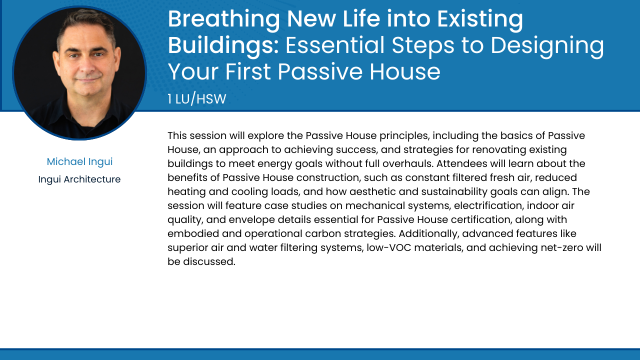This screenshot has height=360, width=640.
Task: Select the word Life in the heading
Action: [361, 19]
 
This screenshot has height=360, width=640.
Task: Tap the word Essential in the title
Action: [335, 45]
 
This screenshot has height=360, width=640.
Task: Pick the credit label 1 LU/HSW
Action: [197, 99]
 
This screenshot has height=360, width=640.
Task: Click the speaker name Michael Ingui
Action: [79, 161]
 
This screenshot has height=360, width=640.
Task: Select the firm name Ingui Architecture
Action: [79, 179]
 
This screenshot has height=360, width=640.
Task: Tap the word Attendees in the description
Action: [461, 163]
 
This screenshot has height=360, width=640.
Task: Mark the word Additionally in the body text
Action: [429, 233]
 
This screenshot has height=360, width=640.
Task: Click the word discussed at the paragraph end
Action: [209, 261]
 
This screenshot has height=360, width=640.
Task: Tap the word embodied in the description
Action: [193, 233]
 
